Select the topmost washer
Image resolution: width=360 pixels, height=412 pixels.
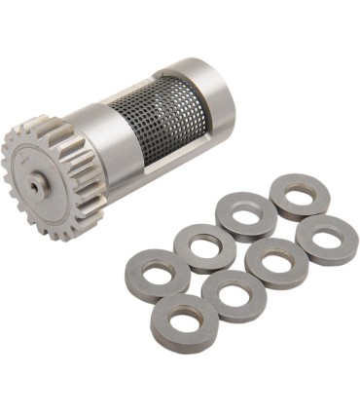[300, 196]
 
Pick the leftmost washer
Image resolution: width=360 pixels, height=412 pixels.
[159, 273]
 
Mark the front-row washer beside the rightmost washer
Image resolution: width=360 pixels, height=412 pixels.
[278, 266]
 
